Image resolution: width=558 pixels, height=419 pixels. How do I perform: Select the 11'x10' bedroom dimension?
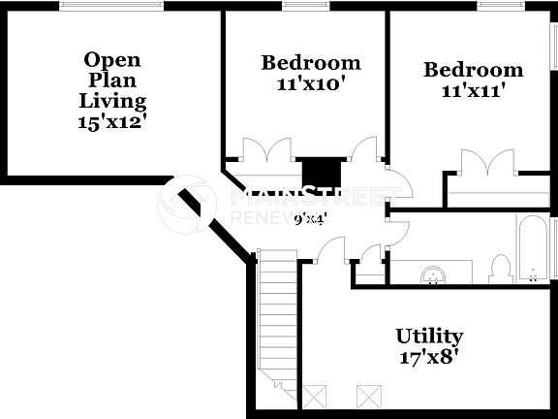(x=310, y=84)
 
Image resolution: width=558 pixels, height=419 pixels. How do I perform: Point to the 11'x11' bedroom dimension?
(x=473, y=92)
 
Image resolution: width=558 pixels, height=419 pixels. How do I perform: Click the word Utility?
(x=428, y=337)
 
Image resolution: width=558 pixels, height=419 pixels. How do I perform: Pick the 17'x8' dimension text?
(x=428, y=356)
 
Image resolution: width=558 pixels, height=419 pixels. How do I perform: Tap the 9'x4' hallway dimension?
(x=309, y=219)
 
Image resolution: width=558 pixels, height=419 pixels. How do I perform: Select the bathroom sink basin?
(x=431, y=275)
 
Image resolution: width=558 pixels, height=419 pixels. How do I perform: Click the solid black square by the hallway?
(x=317, y=173)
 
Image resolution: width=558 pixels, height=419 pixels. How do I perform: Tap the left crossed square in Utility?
(x=316, y=396)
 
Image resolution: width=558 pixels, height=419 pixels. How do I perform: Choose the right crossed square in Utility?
(x=369, y=396)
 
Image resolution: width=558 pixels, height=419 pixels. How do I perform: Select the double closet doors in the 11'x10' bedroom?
(x=265, y=152)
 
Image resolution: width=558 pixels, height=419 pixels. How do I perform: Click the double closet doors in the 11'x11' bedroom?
(x=486, y=164)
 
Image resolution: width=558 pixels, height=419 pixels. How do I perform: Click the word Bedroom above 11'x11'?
(x=473, y=71)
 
